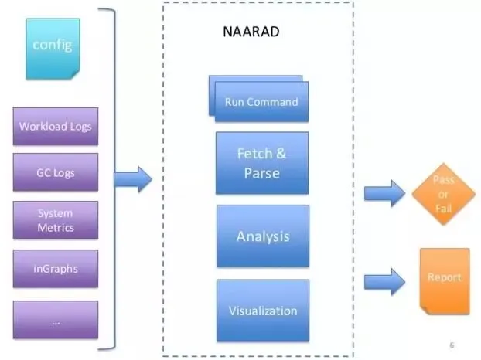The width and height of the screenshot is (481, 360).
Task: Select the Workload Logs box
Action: (x=56, y=126)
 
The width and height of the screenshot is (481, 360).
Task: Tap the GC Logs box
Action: (x=56, y=172)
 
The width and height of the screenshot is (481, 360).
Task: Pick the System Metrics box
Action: (x=56, y=220)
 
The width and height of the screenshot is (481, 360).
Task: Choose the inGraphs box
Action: (x=56, y=269)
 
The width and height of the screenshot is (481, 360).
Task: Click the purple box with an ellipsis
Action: (x=56, y=320)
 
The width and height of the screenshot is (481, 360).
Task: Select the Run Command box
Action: (x=261, y=102)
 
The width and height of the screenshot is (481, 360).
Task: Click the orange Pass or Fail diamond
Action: (x=443, y=194)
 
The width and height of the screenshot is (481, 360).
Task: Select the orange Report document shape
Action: (x=444, y=280)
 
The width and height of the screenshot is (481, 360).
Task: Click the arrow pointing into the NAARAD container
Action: (x=132, y=181)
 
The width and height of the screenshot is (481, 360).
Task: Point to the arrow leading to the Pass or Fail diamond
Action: (x=384, y=193)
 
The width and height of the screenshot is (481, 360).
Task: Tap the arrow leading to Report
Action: (x=384, y=280)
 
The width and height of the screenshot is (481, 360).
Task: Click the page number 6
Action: (x=452, y=345)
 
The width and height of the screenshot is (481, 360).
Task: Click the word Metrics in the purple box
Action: (x=56, y=227)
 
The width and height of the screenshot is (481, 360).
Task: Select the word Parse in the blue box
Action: (x=261, y=172)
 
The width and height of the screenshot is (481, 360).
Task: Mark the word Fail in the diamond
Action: (x=443, y=209)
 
